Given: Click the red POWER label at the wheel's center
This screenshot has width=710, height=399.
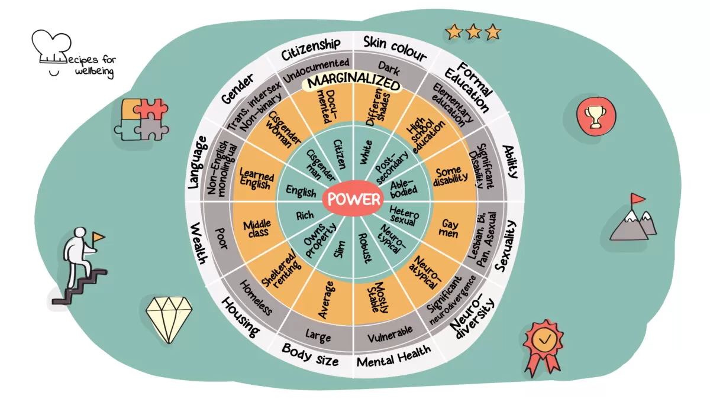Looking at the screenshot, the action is [353, 199].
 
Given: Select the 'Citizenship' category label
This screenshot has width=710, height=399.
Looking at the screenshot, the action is [311, 49].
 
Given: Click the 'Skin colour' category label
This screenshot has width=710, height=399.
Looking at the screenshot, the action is [395, 48].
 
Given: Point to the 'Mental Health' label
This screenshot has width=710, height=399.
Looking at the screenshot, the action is [394, 356].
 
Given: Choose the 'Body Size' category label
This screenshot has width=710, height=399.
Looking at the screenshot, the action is [310, 355].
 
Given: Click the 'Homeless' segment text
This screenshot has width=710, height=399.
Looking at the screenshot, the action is [256, 298].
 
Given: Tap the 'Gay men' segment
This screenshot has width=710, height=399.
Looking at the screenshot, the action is [449, 229].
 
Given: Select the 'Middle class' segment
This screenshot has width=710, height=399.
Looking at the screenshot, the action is [257, 229].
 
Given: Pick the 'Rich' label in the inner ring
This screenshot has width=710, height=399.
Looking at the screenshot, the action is [305, 216].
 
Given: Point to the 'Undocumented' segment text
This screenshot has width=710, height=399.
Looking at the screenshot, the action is [316, 70].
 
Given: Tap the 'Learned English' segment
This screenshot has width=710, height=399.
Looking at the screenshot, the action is [256, 179].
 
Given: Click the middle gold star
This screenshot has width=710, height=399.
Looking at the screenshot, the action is [473, 32].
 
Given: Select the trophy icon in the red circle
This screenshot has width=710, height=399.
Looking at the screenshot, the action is [596, 116].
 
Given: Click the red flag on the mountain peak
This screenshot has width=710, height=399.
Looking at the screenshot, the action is [637, 199].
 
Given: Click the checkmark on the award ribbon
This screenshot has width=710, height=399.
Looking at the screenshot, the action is [544, 340].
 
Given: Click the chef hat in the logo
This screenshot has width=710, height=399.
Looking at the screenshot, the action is [51, 47].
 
